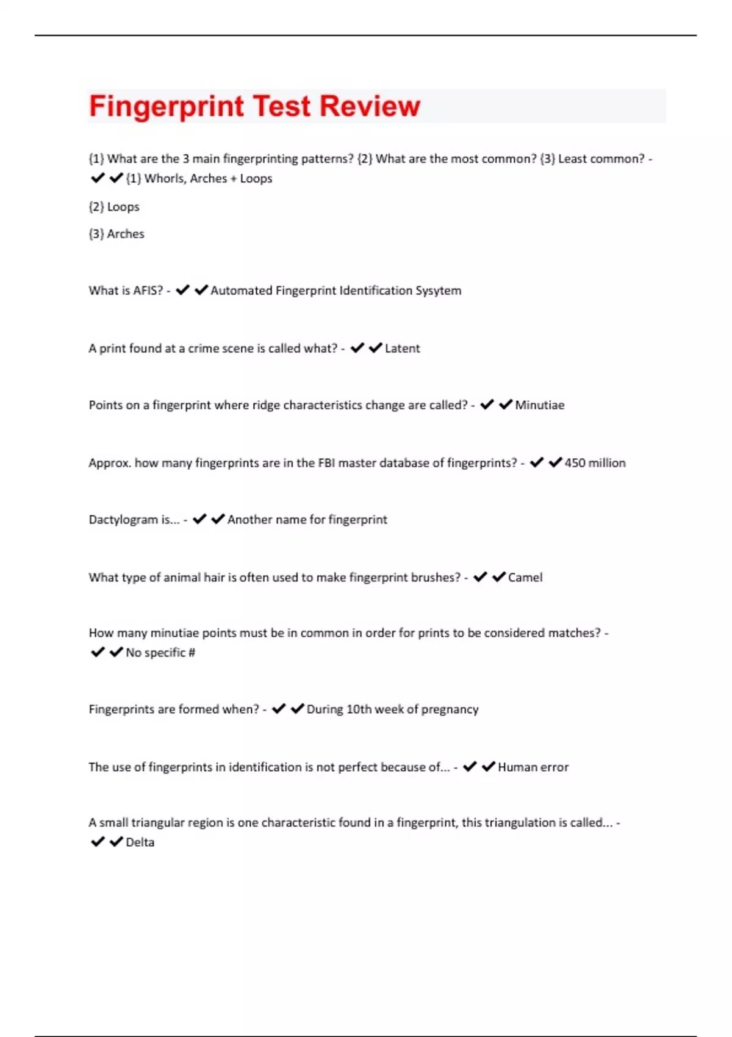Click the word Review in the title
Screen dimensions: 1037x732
(x=370, y=106)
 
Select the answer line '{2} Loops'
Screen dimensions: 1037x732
(x=114, y=207)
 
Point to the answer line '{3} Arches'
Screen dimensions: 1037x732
(x=117, y=234)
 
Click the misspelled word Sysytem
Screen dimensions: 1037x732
(x=438, y=290)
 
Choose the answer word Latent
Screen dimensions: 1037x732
(x=402, y=348)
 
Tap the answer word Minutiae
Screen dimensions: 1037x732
(x=539, y=405)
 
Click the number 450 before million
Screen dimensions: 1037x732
(x=575, y=463)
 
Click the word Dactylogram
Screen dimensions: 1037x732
(x=123, y=520)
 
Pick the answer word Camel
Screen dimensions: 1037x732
(x=525, y=578)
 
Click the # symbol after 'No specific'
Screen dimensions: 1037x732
(x=192, y=653)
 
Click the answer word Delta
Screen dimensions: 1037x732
(x=140, y=842)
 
